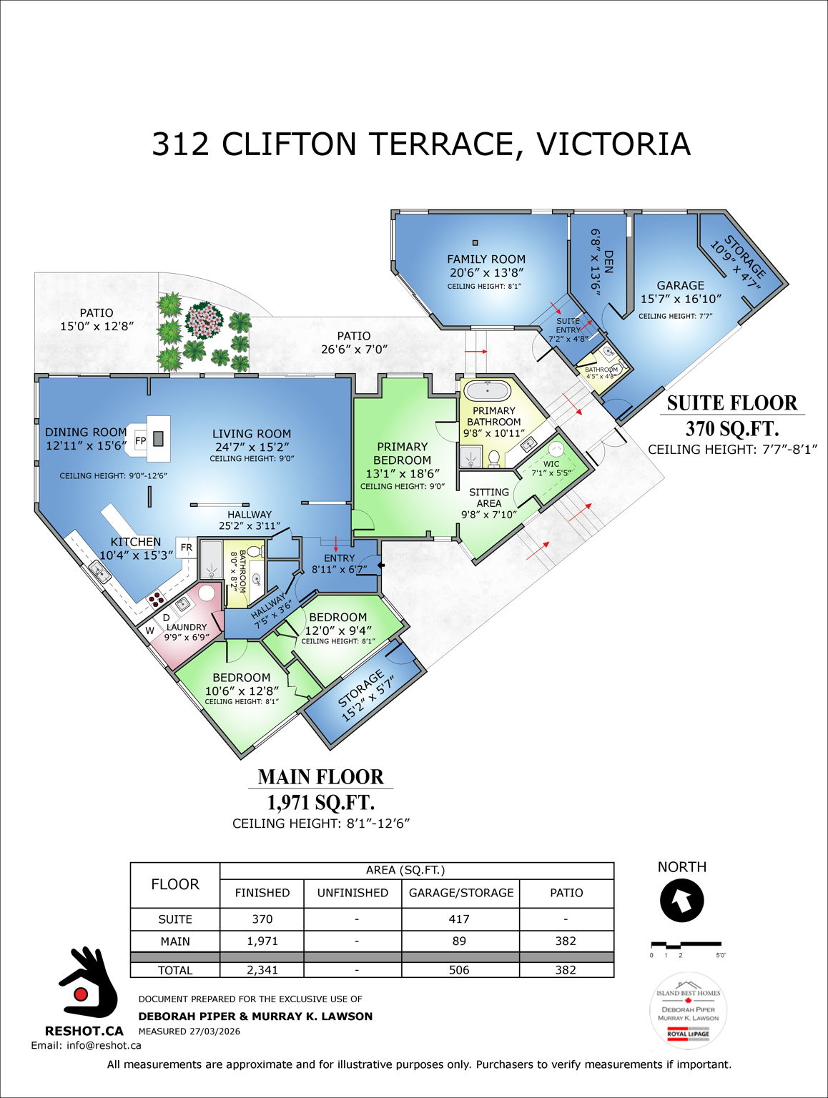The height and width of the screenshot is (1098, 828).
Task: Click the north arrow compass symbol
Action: coord(681,901)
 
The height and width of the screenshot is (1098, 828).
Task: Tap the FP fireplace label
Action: coord(141,441)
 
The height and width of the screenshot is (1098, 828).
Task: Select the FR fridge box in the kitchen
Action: coord(186,548)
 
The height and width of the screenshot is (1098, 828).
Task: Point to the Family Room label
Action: coord(486,259)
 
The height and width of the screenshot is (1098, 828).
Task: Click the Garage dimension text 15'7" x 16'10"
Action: coord(681,299)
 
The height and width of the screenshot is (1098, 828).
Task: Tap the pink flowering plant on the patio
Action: coord(204,320)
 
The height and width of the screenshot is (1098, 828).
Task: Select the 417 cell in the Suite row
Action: coord(459,919)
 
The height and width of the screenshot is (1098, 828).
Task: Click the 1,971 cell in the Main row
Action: coord(262,941)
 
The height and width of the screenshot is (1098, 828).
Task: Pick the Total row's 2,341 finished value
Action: coord(262,970)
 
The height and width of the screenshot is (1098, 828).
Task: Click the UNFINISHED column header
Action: coord(353,893)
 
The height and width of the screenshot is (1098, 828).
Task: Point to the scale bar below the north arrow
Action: coord(686,946)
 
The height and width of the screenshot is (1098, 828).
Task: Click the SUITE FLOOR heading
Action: coord(731,403)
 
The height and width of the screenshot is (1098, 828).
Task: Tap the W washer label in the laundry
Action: coord(150,630)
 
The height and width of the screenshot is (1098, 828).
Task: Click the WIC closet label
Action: coord(551,464)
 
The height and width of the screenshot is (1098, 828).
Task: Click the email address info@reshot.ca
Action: coord(86,1045)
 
